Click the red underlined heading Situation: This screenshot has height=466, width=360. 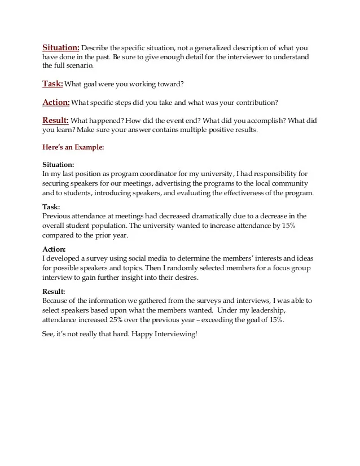[x=61, y=47]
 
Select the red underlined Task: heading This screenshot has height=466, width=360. [x=52, y=84]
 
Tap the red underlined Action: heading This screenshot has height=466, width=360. [x=56, y=102]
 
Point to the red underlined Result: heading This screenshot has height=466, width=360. [x=56, y=120]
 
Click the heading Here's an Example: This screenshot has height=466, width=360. [x=73, y=147]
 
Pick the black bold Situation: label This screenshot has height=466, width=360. [x=58, y=165]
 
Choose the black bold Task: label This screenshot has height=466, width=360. [x=51, y=207]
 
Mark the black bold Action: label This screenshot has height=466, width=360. [x=54, y=249]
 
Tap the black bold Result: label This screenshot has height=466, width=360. [x=54, y=292]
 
